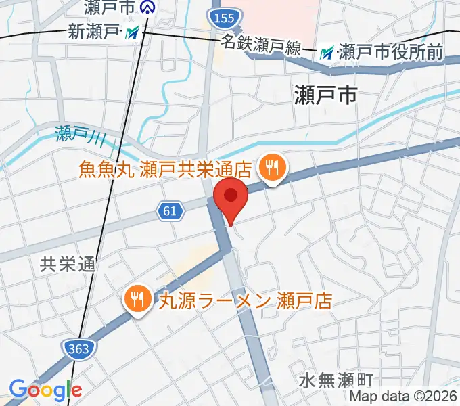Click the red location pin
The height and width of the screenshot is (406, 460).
tap(231, 198)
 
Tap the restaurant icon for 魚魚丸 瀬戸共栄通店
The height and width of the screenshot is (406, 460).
tap(273, 165)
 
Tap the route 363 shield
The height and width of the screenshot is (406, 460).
tap(78, 348)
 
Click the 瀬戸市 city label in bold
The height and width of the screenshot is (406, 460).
tap(325, 95)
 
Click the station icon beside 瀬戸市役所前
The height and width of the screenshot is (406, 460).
tap(327, 52)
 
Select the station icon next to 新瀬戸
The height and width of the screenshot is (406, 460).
tap(133, 32)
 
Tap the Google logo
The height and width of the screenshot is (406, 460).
tap(45, 390)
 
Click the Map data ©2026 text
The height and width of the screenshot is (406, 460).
tap(403, 397)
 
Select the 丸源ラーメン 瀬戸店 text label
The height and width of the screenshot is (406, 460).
tap(246, 300)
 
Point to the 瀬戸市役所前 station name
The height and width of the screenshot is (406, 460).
tap(391, 52)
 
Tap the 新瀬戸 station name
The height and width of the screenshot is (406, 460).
tap(93, 31)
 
